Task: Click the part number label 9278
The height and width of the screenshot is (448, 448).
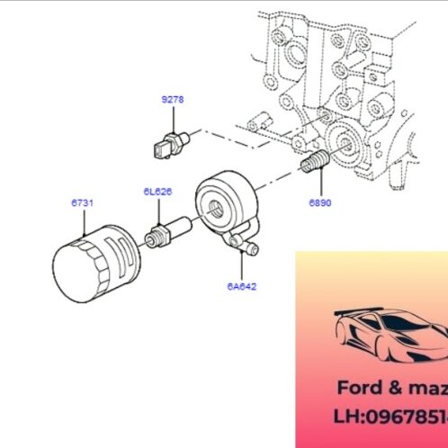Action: [x=172, y=101]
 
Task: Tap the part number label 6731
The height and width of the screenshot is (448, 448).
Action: [x=82, y=204]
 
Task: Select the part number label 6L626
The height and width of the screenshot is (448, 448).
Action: [x=157, y=192]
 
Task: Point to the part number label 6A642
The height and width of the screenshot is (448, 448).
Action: [x=243, y=286]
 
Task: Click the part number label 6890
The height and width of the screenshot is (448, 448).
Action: [x=320, y=203]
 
